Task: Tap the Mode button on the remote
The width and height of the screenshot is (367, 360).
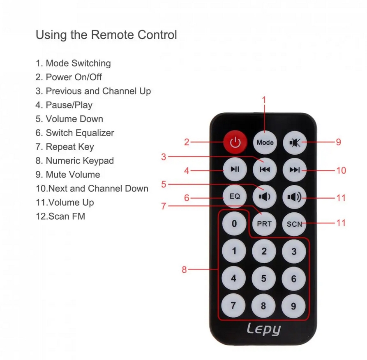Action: (x=265, y=142)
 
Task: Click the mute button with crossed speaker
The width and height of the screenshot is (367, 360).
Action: (x=295, y=142)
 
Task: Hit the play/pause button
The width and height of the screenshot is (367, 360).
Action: (x=235, y=169)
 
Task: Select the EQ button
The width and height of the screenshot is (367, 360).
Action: (x=235, y=196)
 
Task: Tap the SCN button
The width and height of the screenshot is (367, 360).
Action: (x=294, y=224)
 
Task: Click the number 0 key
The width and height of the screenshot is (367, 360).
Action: (x=234, y=223)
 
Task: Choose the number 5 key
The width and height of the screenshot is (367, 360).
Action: (x=264, y=278)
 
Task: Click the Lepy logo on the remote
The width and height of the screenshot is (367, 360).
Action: (x=264, y=329)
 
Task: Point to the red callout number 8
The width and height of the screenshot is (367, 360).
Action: (x=184, y=269)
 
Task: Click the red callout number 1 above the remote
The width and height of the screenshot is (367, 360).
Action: (x=264, y=100)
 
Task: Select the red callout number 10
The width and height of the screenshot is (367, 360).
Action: (x=341, y=170)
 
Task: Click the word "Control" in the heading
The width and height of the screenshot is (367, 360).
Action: (x=157, y=35)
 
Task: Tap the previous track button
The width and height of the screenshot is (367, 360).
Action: (x=265, y=170)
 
